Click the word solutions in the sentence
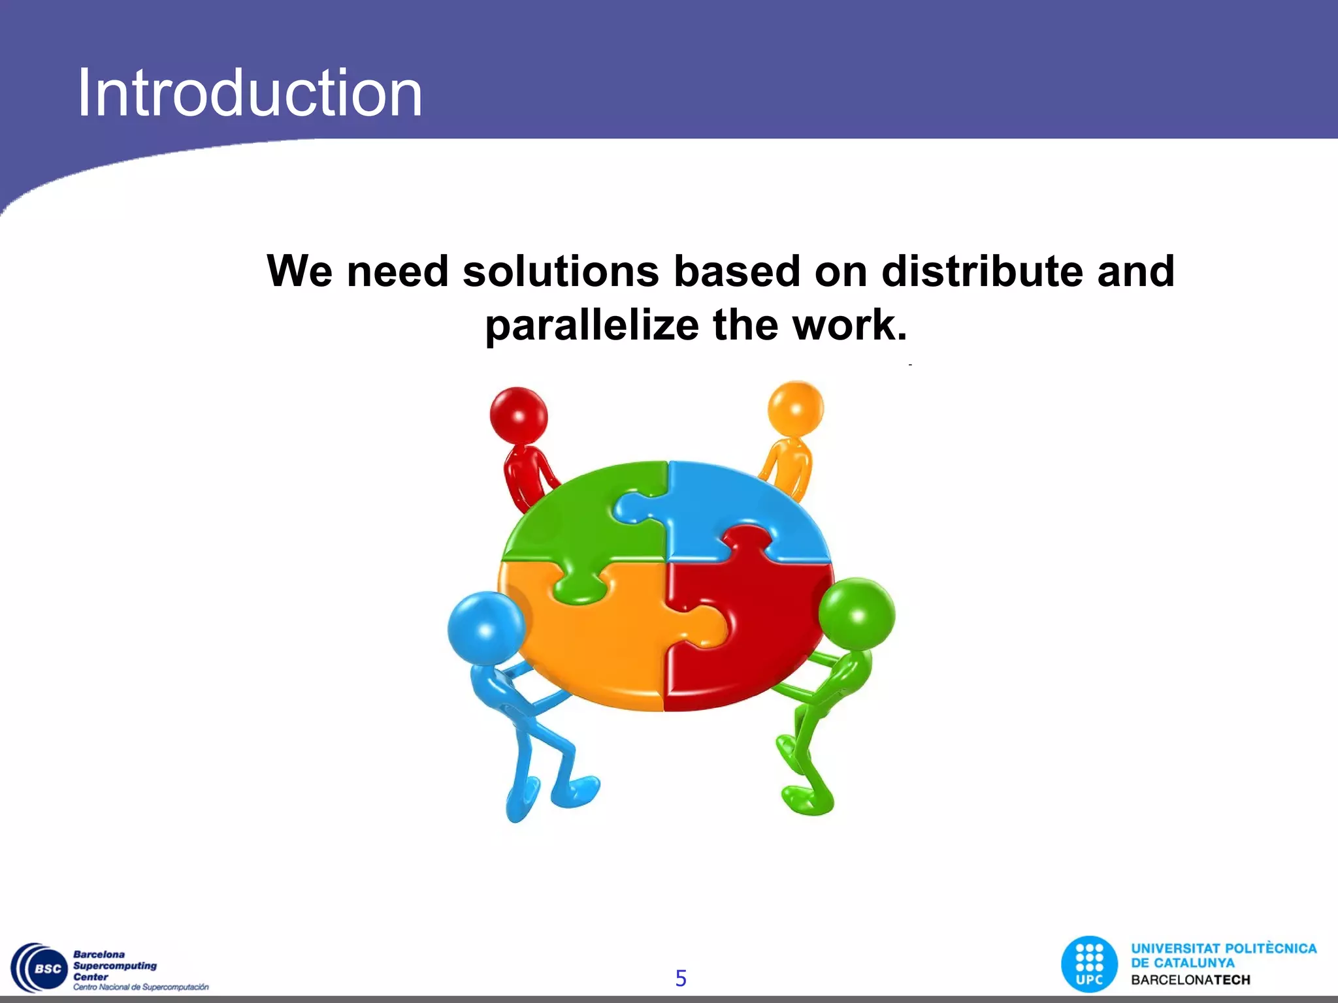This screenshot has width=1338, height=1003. point(561,271)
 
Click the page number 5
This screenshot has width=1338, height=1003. point(681,978)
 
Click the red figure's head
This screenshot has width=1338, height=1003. point(519,416)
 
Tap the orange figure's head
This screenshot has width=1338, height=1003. point(795,409)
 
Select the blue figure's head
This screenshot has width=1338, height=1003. point(486,628)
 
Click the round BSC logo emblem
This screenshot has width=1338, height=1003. point(41,969)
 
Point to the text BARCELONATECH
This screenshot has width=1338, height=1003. point(1190,980)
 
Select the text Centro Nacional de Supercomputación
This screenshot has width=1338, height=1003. point(140,987)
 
